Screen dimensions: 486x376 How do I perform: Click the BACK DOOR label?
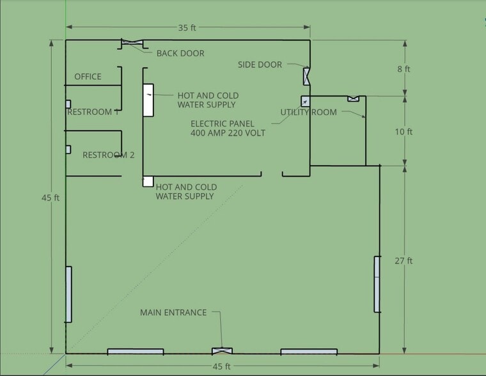click(x=180, y=53)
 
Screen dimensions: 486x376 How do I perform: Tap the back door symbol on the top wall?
click(x=132, y=42)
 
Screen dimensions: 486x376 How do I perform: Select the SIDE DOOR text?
click(x=260, y=65)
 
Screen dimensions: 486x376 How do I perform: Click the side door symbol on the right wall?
click(x=306, y=76)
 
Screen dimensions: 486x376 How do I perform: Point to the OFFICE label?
click(x=88, y=77)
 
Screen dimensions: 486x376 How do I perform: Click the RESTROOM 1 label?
click(x=93, y=112)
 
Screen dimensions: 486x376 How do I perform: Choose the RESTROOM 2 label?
click(x=109, y=155)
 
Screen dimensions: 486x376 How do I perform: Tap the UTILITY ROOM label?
click(x=308, y=112)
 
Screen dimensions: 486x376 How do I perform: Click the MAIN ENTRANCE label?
click(x=173, y=313)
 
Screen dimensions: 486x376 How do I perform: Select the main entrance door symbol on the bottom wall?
click(x=222, y=351)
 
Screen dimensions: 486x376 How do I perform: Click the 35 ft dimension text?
click(x=187, y=28)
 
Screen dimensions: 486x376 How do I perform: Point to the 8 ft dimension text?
click(x=404, y=69)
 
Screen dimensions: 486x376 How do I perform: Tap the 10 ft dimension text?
click(x=404, y=132)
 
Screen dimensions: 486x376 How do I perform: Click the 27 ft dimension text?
click(x=404, y=261)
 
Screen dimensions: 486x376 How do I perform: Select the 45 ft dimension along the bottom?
click(x=221, y=366)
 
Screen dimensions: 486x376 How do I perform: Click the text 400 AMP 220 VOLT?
click(x=228, y=133)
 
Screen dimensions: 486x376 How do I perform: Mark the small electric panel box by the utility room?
click(x=305, y=102)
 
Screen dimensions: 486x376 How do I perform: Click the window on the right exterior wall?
click(x=377, y=285)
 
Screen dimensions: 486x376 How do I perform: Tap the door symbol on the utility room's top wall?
click(x=354, y=99)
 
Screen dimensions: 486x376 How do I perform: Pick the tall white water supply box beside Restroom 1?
click(x=148, y=100)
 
